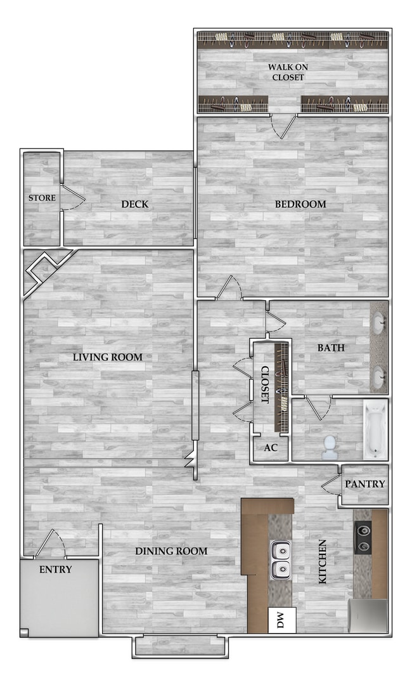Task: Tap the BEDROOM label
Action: [x=300, y=204]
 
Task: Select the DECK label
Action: [x=135, y=204]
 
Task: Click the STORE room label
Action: [x=42, y=198]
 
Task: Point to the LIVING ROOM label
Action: [x=108, y=357]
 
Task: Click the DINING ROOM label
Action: [x=171, y=551]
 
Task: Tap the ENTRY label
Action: [x=56, y=570]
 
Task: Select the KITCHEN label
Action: [x=323, y=562]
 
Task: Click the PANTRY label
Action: [x=364, y=484]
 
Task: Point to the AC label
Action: [x=271, y=448]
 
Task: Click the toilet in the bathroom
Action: [x=330, y=447]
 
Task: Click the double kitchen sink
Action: [x=280, y=560]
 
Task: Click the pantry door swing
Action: [x=330, y=486]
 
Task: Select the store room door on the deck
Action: [x=73, y=199]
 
